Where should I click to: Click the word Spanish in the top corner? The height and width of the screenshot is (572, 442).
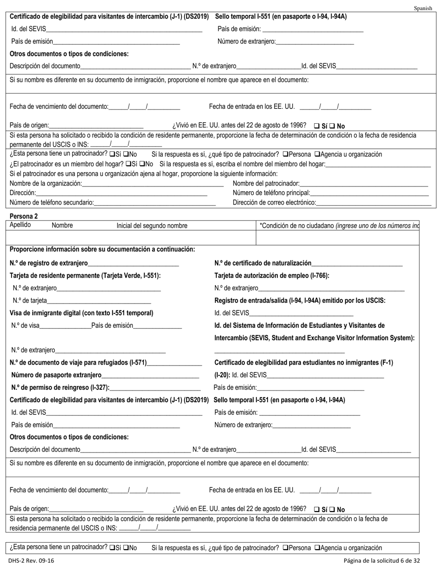[x=422, y=8]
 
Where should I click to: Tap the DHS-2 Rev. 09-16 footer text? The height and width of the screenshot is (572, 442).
[x=31, y=560]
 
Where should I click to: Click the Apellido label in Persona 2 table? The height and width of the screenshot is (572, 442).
[x=20, y=225]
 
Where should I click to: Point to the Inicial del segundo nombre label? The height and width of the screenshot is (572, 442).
[x=152, y=226]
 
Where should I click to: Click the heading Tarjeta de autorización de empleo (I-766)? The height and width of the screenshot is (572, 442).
[x=272, y=276]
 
